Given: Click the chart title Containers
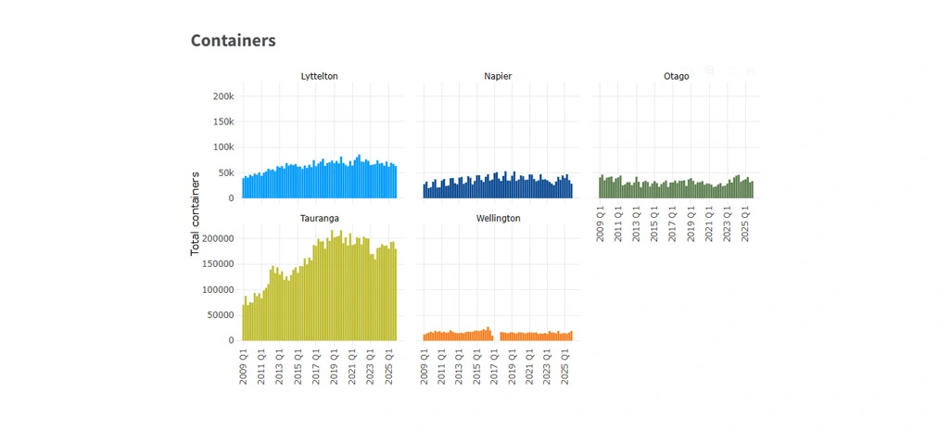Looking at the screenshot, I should pos(233,41).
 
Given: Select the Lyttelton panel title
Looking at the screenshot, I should pos(320,76).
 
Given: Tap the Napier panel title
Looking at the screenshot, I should pos(498,76).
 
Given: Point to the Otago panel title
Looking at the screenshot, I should pos(677,76).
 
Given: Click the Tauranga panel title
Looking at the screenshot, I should pos(319,218).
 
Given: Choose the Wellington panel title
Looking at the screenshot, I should pos(498,218).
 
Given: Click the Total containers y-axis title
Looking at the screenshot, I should pos(196,213).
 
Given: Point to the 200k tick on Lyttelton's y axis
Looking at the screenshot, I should pos(222,96).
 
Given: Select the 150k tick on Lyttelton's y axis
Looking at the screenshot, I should pos(222,121).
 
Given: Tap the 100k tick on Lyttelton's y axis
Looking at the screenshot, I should pos(222,147).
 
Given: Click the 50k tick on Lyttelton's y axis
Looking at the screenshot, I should pos(225,172).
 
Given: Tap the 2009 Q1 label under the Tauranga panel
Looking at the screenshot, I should pos(244,365).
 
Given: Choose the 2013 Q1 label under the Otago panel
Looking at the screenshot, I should pos(637,222).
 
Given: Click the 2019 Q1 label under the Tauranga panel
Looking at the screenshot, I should pos(335,365).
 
